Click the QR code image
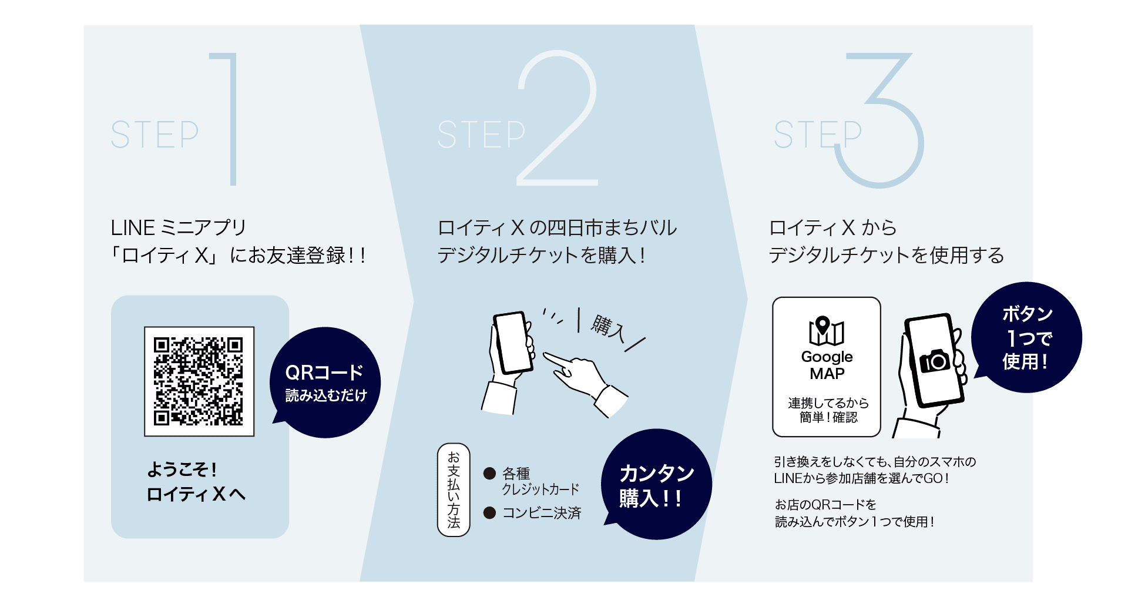coord(199,381)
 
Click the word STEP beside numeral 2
coord(481,135)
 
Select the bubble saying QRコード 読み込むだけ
coord(325,383)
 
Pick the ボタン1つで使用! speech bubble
coord(1026,338)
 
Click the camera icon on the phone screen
coord(935,360)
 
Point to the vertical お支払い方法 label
coord(454,489)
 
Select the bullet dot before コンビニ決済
coord(489,513)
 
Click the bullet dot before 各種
coord(489,473)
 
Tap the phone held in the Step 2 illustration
coord(512,343)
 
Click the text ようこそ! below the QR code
coord(182,469)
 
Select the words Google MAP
coord(827,365)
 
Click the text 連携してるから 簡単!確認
coord(828,410)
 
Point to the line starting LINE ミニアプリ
coord(179,227)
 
